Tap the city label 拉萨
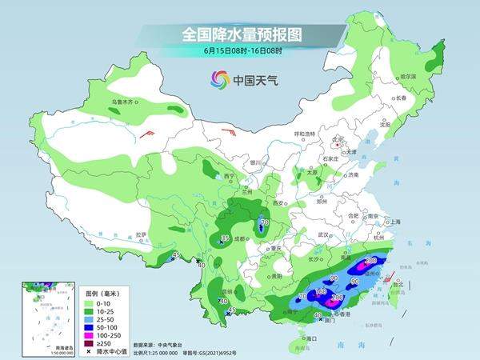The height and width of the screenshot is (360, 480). coord(141,234)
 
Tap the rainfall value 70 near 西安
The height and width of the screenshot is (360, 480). coord(263,223)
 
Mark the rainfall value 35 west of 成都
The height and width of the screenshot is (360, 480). coord(226,238)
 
